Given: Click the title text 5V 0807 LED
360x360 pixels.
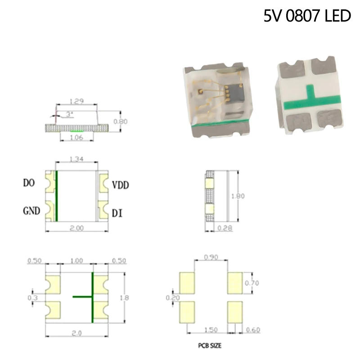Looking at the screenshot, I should click(307, 16).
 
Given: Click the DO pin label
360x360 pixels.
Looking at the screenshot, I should click(30, 183).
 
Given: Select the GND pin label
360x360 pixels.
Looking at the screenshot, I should click(31, 210).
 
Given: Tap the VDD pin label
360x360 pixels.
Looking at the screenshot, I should click(121, 185).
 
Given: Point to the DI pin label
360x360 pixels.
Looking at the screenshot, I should click(117, 212).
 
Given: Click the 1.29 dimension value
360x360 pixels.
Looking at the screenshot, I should click(77, 102).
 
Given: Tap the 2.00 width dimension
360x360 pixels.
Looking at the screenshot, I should click(77, 228).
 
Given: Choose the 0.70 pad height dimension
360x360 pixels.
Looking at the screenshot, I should click(252, 283).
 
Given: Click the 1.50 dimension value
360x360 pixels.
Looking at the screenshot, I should click(211, 330).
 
